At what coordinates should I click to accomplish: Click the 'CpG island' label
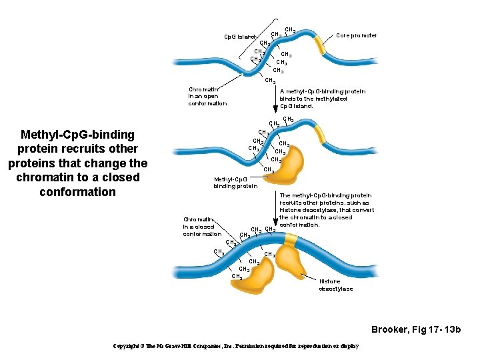240,36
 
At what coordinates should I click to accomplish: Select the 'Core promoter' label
356,35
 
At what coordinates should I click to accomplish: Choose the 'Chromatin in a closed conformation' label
202,227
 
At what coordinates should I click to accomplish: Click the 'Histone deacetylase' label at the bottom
335,285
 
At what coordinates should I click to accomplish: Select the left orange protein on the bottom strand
257,275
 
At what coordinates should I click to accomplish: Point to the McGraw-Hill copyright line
237,346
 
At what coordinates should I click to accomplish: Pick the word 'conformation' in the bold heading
77,192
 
